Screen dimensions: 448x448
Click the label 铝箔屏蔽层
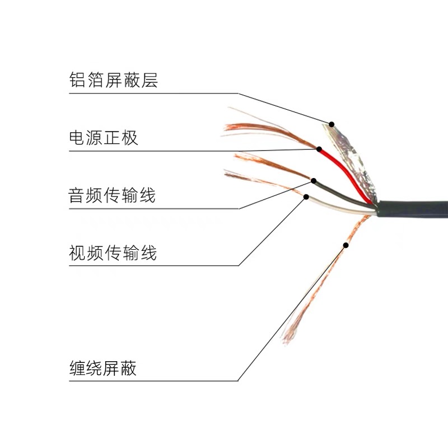113,80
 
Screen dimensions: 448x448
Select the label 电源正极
103,137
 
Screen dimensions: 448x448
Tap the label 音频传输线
111,196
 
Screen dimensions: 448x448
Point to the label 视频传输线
112,253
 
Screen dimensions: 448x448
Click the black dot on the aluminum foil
332,124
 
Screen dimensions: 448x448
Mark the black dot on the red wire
319,150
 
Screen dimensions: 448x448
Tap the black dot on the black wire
314,181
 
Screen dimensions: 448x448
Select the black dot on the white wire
306,197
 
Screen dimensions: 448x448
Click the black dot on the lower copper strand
346,245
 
